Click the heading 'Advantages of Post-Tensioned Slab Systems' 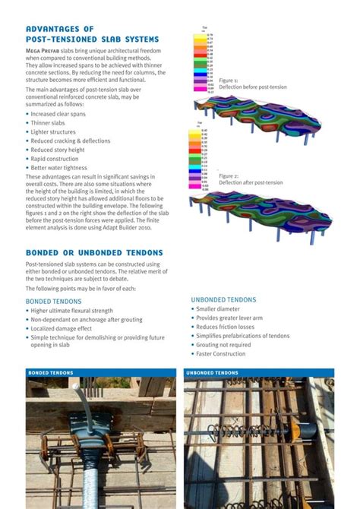92,33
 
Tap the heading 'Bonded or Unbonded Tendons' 94,252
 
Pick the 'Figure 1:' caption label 229,80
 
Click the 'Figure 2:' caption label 229,175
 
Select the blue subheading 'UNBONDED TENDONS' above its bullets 223,300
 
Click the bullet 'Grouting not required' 223,344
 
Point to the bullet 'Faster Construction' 221,353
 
